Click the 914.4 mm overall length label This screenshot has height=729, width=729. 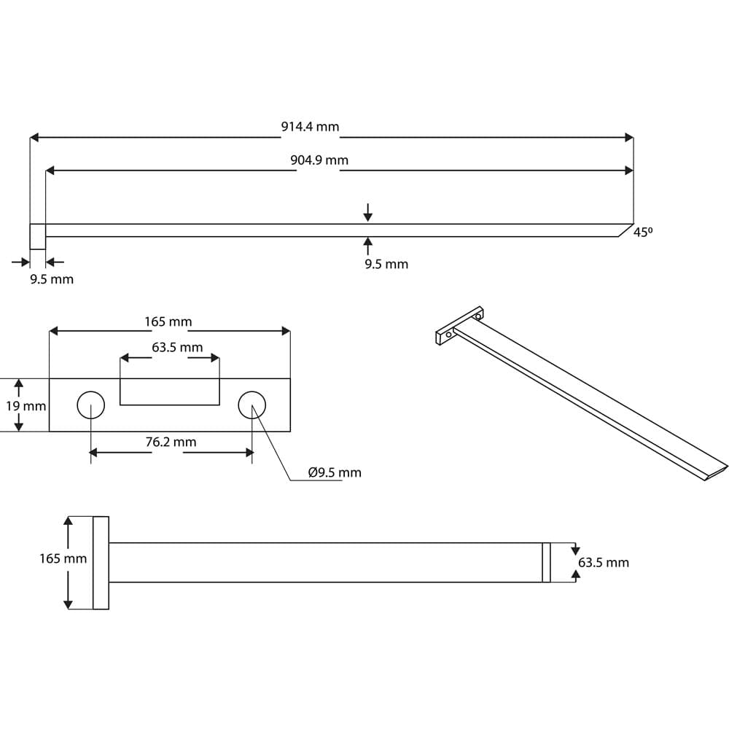coord(310,127)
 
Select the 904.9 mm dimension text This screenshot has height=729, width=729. coord(319,160)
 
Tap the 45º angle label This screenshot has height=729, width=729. coord(642,233)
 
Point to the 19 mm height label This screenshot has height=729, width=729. coord(26,406)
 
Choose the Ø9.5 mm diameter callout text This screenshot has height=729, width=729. coord(335,472)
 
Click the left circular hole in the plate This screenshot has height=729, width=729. coord(90,405)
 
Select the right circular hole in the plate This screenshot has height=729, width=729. coord(252,405)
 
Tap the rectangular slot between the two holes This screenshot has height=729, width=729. coord(170,391)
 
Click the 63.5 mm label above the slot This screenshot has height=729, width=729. coord(177,348)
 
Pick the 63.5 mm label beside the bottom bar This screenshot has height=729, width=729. coord(603,563)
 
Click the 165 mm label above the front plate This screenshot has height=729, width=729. coord(168,321)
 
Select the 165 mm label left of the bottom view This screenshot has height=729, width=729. coord(63,559)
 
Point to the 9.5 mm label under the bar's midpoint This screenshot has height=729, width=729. coord(386,264)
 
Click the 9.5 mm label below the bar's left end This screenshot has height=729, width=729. coord(52,279)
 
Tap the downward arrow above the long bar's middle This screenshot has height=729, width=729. coord(368,212)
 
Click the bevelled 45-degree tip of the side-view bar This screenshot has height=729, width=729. coord(624,230)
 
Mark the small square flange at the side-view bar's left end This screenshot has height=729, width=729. coord(37,236)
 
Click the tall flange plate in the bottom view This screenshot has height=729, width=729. coord(101,562)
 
